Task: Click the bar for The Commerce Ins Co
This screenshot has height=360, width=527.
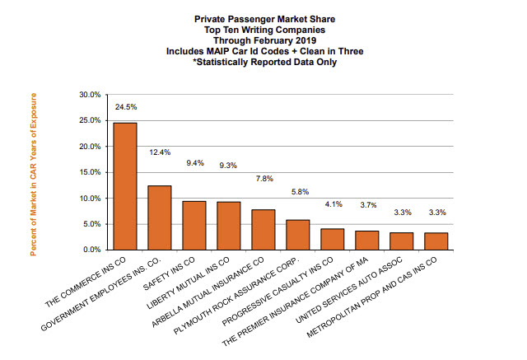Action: point(125,186)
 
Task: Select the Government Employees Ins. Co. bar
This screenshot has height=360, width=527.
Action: point(160,217)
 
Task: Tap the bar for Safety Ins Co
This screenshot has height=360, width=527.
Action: point(194,225)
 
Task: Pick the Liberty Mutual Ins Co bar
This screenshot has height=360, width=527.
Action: point(229,225)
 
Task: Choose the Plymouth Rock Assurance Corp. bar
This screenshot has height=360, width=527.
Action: point(298,234)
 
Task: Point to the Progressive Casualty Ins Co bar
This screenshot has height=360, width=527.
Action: point(333,239)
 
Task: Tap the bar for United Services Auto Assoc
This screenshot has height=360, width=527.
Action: point(402,241)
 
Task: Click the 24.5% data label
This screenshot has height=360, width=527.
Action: point(125,107)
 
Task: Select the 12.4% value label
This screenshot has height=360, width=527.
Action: point(160,152)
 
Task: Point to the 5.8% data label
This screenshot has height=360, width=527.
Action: point(298,192)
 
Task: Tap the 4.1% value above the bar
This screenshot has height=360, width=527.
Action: point(333,203)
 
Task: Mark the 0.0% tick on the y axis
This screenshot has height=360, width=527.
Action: point(91,249)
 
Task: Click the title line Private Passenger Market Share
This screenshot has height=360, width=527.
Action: point(263,17)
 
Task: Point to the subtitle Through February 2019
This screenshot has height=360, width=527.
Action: point(263,39)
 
